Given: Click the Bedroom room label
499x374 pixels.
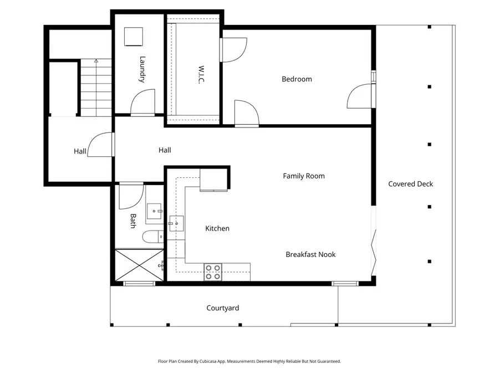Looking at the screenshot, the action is pos(297,79).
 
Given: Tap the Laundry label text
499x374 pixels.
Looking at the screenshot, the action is pos(142,69).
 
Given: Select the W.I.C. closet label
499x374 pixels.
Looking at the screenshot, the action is pos(201,74).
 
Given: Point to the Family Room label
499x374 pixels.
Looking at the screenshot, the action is pos(304,176).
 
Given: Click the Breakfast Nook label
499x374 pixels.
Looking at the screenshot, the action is pos(310,254).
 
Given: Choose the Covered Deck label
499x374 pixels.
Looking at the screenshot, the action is pos(410,184).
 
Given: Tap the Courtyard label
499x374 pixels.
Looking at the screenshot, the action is pos(222,308).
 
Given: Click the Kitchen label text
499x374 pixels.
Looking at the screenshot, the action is pos(217,228).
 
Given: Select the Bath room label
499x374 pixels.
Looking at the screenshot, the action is pos(133,221).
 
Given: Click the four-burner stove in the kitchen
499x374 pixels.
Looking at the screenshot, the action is pos(213,272).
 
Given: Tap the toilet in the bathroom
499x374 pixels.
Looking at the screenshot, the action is pos(153,237).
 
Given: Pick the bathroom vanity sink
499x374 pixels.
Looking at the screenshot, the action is pos(155,211).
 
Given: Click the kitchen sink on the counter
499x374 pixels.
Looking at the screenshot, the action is pos(176,223).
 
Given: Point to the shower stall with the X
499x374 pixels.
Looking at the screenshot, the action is pos(139,265).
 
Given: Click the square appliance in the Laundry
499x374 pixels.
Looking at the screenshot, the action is pos(133,37).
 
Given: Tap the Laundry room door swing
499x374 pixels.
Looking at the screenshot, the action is pos(143,101).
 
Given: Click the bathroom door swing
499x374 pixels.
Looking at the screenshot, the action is pos(131,197).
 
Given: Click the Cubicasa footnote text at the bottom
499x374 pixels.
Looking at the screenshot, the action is pos(249,361).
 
